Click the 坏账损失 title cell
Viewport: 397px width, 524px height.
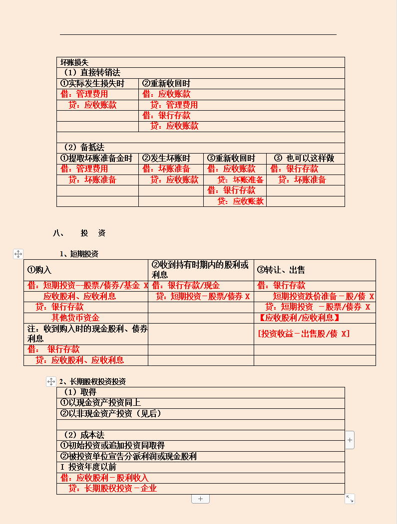click(x=74, y=62)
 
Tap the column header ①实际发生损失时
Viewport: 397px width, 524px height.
click(x=92, y=84)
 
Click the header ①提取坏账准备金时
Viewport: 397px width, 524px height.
click(x=96, y=159)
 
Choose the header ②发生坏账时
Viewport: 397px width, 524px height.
click(x=166, y=159)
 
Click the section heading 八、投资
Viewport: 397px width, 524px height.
click(x=79, y=233)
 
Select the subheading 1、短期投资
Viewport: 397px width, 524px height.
click(x=79, y=254)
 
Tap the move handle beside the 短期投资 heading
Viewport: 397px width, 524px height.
click(x=18, y=254)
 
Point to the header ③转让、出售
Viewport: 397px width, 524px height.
click(x=281, y=270)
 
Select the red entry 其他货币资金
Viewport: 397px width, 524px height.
click(x=75, y=318)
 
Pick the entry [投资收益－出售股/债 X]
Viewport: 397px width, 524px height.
click(x=304, y=334)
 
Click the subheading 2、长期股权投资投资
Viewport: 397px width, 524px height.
click(x=92, y=381)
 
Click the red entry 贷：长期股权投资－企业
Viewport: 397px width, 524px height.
click(x=112, y=489)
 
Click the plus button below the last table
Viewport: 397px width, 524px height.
click(x=200, y=499)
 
